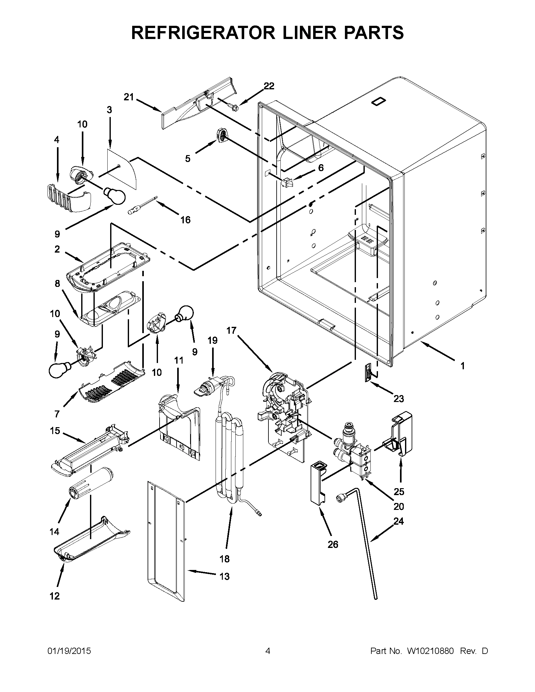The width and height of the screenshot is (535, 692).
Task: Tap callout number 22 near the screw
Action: [269, 86]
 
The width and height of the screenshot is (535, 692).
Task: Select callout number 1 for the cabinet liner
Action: [462, 366]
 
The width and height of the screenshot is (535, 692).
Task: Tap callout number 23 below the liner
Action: [398, 398]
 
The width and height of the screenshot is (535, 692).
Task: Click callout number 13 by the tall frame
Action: [224, 576]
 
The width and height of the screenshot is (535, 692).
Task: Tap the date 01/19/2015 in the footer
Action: [69, 651]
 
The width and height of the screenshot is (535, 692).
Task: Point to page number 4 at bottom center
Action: [267, 651]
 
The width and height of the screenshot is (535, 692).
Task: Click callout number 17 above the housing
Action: [231, 331]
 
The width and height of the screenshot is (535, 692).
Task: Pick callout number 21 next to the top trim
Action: [129, 97]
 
